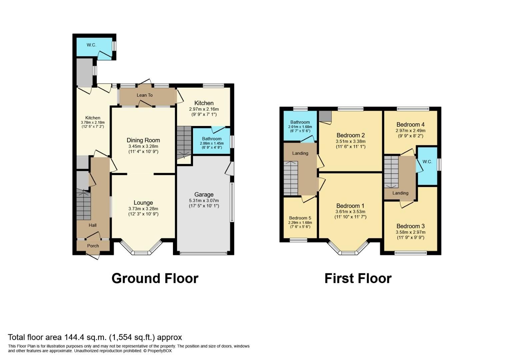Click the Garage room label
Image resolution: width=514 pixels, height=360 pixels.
[204, 194]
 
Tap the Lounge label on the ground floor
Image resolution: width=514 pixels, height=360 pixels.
[143, 203]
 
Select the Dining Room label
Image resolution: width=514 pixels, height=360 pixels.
[143, 140]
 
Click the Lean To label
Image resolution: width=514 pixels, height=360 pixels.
[145, 95]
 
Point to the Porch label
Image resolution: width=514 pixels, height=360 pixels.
[93, 246]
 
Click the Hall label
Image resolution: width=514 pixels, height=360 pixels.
[92, 225]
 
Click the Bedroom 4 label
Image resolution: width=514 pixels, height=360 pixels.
[410, 125]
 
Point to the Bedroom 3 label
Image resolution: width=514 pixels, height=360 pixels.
[410, 226]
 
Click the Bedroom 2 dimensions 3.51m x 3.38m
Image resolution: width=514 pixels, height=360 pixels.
[350, 141]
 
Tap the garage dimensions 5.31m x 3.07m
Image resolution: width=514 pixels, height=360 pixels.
[204, 201]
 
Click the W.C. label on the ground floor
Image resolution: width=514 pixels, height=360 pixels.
[91, 45]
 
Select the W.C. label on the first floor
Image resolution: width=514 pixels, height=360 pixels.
[427, 162]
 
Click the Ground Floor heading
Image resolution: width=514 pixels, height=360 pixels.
[155, 278]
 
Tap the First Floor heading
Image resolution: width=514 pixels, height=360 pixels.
[358, 278]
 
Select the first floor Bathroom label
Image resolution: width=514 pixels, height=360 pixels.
[300, 122]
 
